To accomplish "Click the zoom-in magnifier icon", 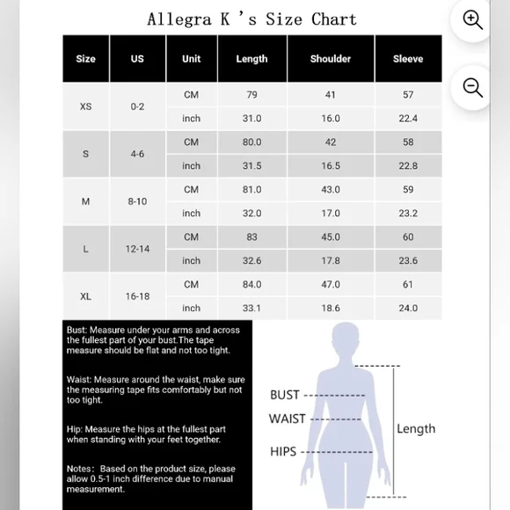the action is [x=473, y=20].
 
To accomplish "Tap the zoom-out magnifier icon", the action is [x=473, y=87].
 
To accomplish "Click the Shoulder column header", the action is [x=330, y=59].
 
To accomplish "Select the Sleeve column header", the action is [x=408, y=59].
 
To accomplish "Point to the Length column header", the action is [x=251, y=59].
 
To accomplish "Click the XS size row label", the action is [x=85, y=106].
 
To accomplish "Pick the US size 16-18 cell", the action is [x=137, y=296].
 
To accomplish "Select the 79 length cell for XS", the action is [x=251, y=95].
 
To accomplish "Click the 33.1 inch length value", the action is [x=251, y=309].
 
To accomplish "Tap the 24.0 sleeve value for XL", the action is [x=408, y=309].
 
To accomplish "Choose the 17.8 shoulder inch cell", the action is [x=330, y=261].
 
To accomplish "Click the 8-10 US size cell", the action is [x=137, y=201].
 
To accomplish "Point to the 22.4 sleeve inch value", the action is [x=408, y=119].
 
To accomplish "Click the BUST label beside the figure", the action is [x=285, y=395].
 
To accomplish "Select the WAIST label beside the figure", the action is [x=288, y=419].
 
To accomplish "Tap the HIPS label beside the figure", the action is [x=283, y=451].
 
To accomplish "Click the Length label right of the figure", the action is [x=416, y=429].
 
